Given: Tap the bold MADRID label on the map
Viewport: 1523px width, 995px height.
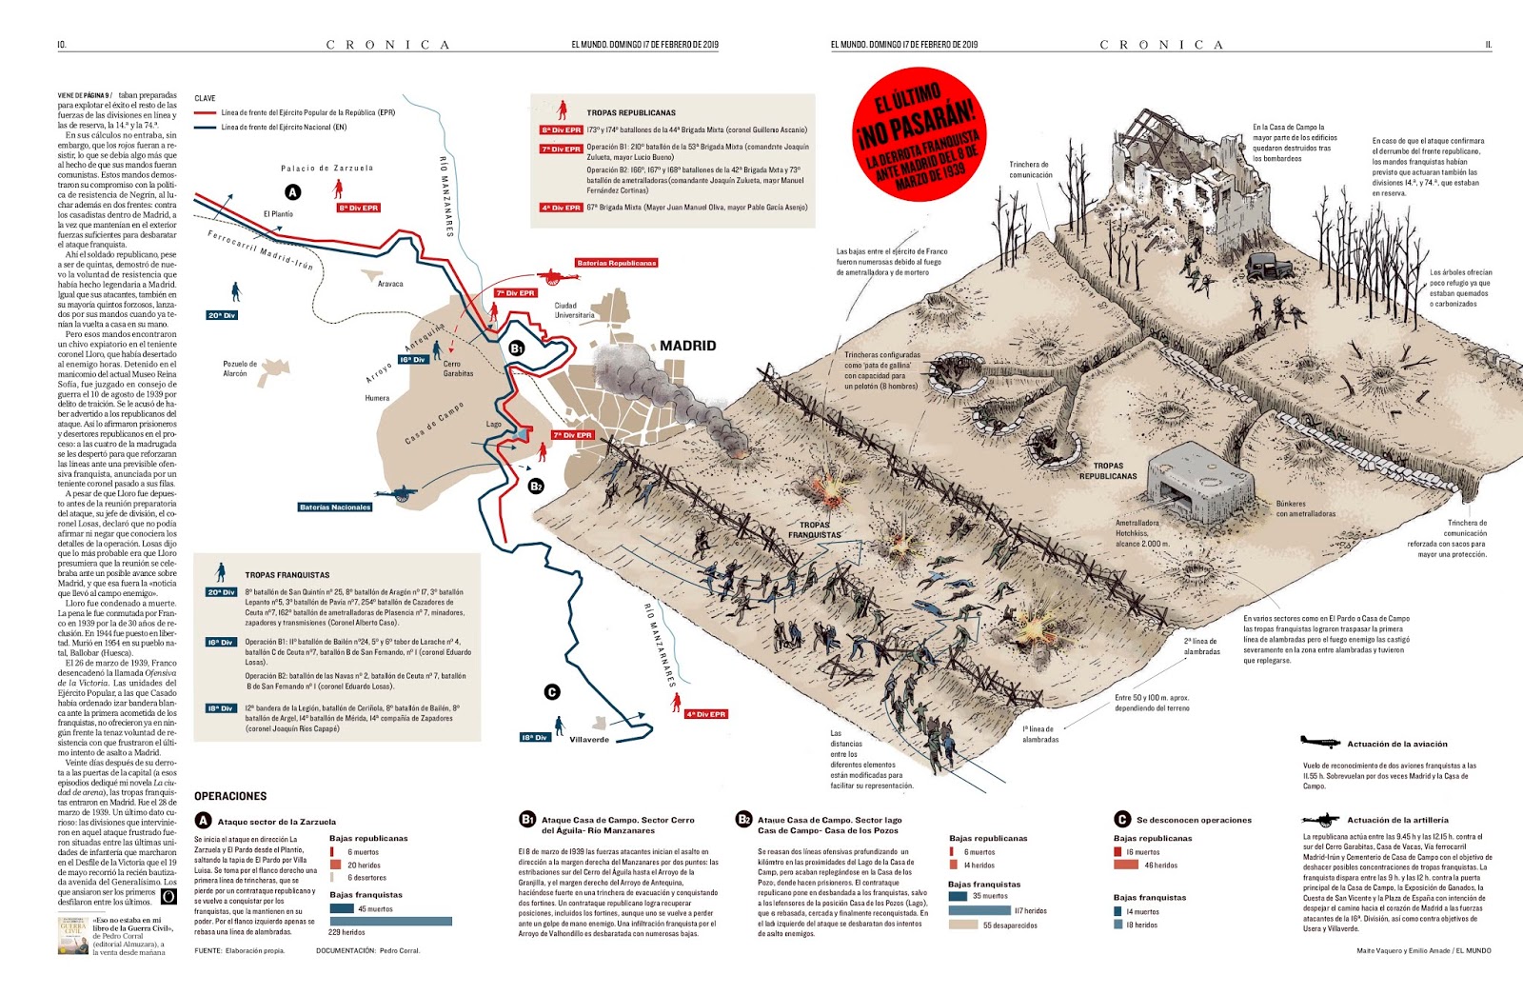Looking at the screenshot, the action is pyautogui.click(x=687, y=346).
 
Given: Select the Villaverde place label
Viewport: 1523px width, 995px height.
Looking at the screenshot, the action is pyautogui.click(x=589, y=739).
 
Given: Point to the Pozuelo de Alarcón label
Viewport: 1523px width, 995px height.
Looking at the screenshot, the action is pyautogui.click(x=239, y=368).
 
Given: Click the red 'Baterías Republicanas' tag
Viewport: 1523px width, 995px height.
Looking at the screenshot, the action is pyautogui.click(x=616, y=263).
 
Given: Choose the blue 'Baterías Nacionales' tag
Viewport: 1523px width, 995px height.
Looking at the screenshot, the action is pyautogui.click(x=335, y=507).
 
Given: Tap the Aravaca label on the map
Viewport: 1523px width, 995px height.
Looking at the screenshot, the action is pyautogui.click(x=390, y=284).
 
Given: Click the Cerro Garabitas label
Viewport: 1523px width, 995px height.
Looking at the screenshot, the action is pyautogui.click(x=458, y=368).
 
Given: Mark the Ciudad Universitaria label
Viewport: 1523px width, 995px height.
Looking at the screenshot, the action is pyautogui.click(x=574, y=310).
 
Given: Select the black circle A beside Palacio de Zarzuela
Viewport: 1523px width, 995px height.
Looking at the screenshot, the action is pyautogui.click(x=293, y=191).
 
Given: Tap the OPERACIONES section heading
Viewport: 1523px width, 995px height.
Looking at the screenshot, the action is pyautogui.click(x=230, y=796).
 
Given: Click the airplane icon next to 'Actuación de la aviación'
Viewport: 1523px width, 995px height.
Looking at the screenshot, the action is pyautogui.click(x=1319, y=743).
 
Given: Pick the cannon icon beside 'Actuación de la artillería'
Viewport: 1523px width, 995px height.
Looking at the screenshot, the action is pyautogui.click(x=1320, y=819).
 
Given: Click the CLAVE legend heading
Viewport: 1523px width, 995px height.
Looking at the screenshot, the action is pyautogui.click(x=205, y=98).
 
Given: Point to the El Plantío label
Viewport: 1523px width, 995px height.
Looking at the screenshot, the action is pyautogui.click(x=278, y=214).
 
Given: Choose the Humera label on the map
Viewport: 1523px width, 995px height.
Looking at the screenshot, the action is pyautogui.click(x=377, y=398).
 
